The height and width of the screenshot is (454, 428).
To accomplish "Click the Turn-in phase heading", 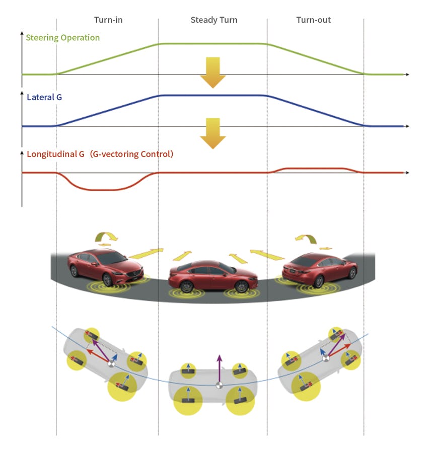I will tap(108, 20).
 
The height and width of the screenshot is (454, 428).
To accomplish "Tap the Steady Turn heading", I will tap(213, 20).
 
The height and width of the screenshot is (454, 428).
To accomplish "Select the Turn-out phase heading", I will tap(314, 20).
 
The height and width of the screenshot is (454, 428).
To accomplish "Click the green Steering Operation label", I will tap(63, 38).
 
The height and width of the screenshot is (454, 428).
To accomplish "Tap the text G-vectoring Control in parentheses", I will tap(131, 154).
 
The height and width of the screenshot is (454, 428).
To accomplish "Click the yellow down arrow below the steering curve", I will tap(212, 72).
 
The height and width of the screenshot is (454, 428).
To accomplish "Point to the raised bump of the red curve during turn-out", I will tap(315, 168).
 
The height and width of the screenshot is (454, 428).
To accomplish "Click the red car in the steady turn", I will tap(209, 276).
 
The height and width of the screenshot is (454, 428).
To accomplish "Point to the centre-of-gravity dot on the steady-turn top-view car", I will tap(219, 386).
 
